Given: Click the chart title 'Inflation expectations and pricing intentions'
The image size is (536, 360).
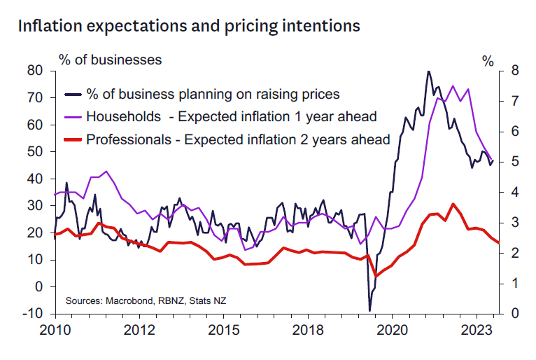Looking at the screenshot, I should point(189,26).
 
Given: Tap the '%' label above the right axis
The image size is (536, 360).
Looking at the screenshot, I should point(488,60).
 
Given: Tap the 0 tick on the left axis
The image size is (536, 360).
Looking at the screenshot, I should point(39,286).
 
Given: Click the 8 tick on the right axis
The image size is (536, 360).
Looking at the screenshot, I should point(515,71).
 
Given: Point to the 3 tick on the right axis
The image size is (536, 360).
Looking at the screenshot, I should point(515,223).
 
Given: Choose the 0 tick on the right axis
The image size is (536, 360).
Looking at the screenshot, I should point(515,314).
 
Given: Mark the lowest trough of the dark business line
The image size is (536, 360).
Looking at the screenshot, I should point(369,310).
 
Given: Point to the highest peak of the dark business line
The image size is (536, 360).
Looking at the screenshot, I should point(428,71).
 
